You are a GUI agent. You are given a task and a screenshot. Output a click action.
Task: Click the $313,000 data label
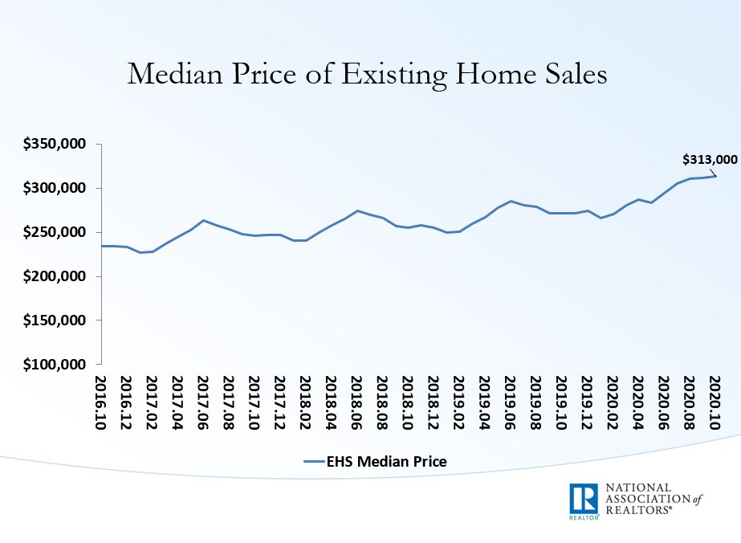pos(710,159)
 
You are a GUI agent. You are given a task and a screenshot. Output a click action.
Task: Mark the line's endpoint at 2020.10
pos(715,176)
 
